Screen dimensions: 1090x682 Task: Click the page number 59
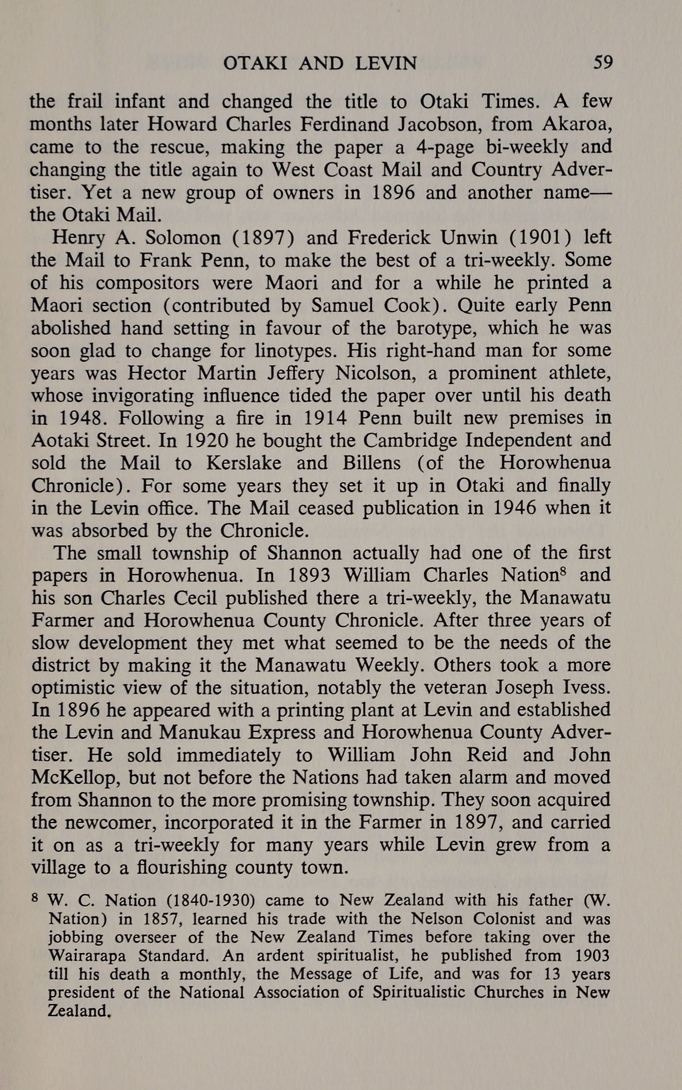tap(603, 63)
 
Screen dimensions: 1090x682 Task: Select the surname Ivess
tap(585, 688)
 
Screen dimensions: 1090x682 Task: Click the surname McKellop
tap(75, 778)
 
